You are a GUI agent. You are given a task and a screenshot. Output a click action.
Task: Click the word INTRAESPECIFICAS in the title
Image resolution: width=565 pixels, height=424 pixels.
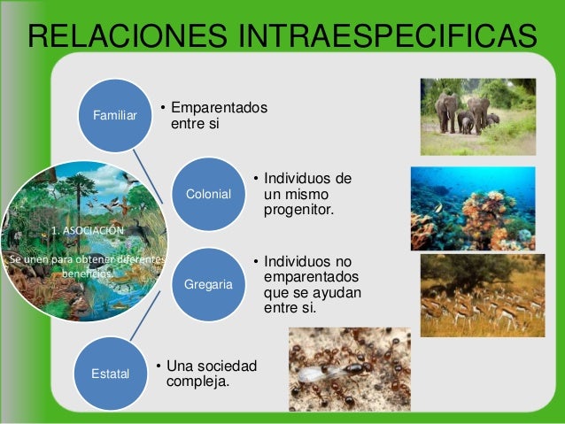tap(381, 38)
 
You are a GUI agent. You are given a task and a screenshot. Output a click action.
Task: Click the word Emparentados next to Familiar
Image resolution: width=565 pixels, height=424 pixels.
tap(219, 108)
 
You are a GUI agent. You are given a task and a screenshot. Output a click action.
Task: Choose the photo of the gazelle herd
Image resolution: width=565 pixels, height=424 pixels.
tap(482, 296)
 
